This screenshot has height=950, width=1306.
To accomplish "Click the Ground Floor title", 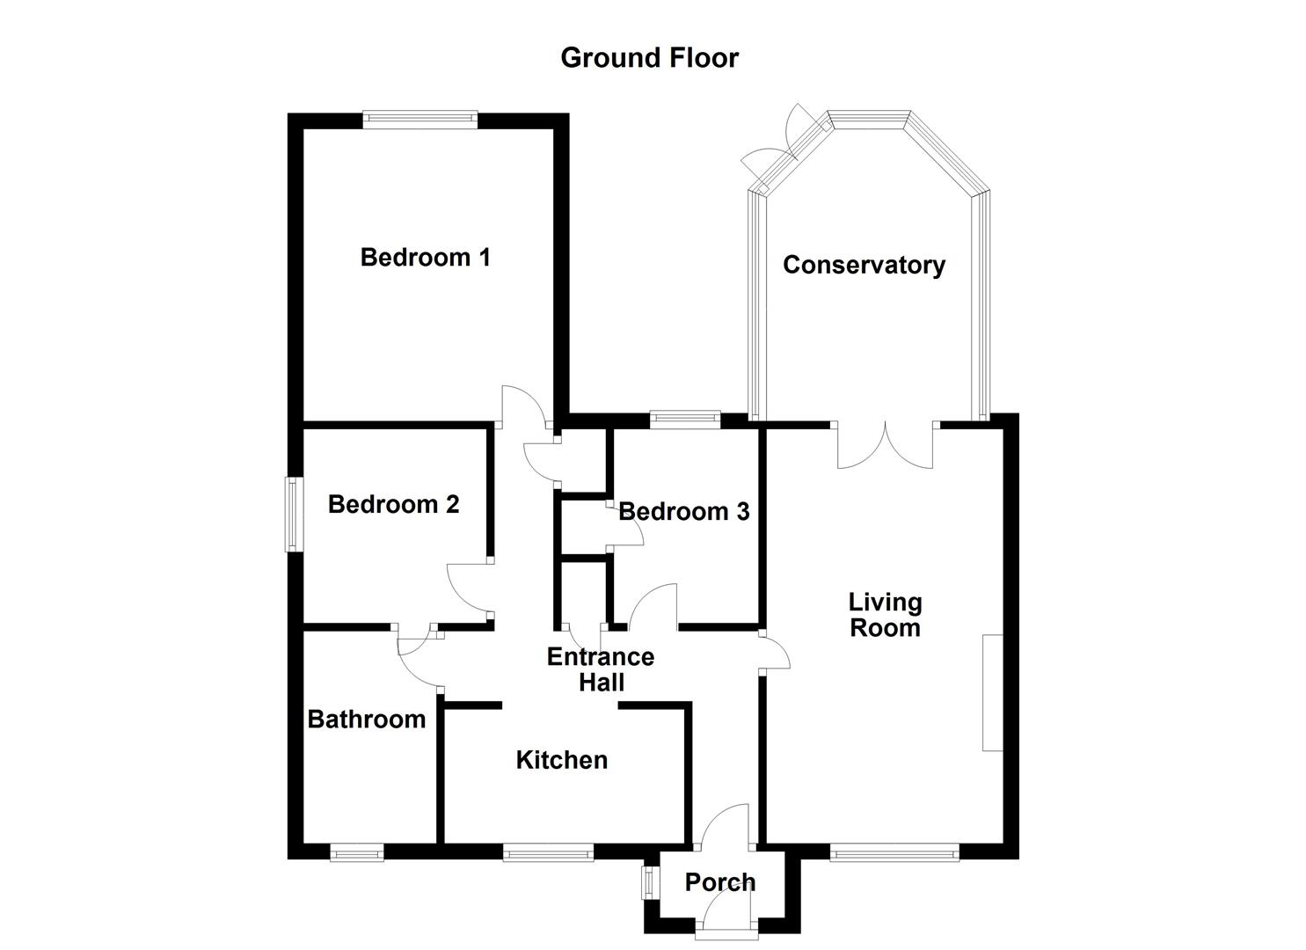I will coord(649,58).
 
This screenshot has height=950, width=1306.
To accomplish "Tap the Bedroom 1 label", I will coord(425,258).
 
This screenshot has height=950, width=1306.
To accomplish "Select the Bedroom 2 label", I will coord(393,505).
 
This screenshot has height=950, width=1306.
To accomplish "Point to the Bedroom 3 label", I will coord(684,512).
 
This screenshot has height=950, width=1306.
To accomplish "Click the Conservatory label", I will coord(864,265).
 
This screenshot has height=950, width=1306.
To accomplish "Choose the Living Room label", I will coord(885,615).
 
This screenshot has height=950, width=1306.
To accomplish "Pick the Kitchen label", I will coord(561,760).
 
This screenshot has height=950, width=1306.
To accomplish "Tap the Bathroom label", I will coord(367,720).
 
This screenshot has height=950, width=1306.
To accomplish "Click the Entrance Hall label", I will coord(601,669).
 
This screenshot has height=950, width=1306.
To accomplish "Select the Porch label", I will coord(719,882).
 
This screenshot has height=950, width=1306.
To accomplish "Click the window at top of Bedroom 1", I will coord(420,121).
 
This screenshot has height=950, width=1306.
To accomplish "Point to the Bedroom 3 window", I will coord(685,420).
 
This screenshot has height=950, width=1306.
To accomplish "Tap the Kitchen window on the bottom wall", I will coord(548,851).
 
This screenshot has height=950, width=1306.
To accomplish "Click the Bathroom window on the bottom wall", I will coord(357,851).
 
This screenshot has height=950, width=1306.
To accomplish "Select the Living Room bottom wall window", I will coord(894,851).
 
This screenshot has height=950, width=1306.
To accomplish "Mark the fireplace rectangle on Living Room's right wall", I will coord(992,692).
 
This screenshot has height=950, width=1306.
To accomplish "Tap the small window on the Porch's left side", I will coord(650,882).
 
